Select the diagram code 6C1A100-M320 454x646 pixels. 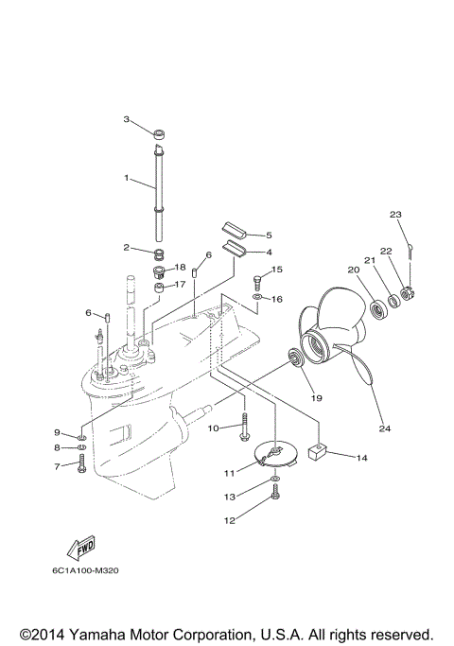pyautogui.click(x=86, y=570)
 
